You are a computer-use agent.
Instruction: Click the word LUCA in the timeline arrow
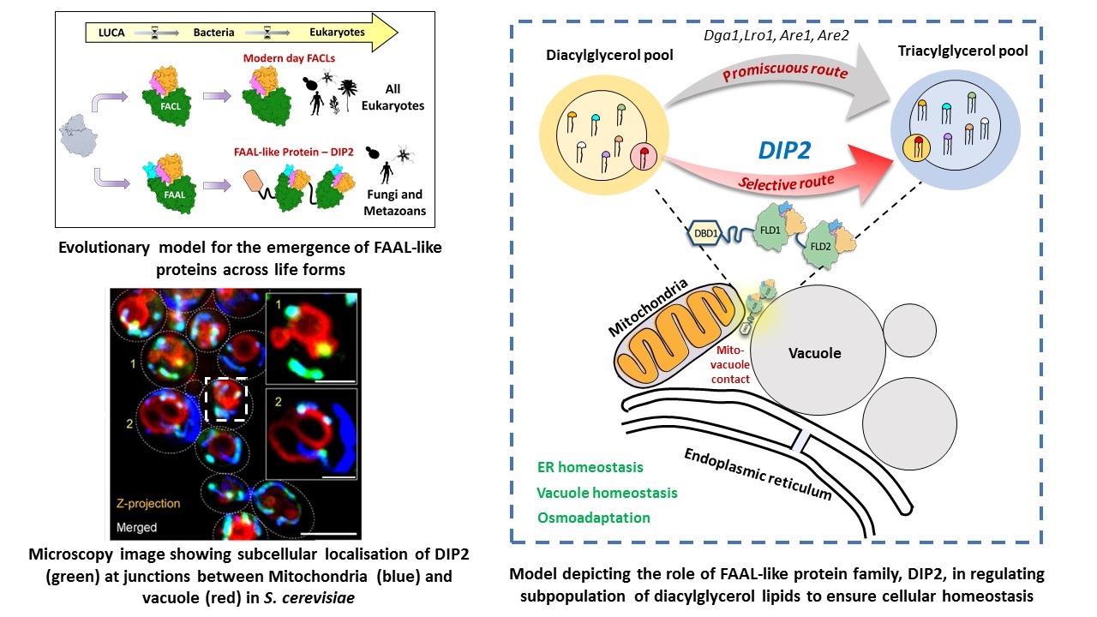pyautogui.click(x=111, y=33)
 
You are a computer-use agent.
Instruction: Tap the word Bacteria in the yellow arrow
pyautogui.click(x=213, y=33)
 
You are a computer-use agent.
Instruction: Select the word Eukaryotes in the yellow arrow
pyautogui.click(x=337, y=33)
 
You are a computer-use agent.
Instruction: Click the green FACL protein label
pyautogui.click(x=171, y=106)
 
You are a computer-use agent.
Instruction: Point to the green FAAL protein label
pyautogui.click(x=174, y=195)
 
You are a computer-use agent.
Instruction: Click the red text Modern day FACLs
pyautogui.click(x=289, y=58)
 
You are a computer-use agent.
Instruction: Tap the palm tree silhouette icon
pyautogui.click(x=348, y=94)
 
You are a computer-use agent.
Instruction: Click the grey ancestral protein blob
pyautogui.click(x=78, y=135)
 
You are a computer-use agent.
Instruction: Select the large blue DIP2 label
pyautogui.click(x=784, y=150)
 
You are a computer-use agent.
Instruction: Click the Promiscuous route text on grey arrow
pyautogui.click(x=785, y=71)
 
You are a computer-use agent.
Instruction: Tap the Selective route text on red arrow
pyautogui.click(x=786, y=183)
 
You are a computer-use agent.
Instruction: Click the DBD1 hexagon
pyautogui.click(x=705, y=234)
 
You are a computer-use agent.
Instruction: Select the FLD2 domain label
pyautogui.click(x=820, y=246)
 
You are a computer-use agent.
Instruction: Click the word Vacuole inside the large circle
pyautogui.click(x=814, y=353)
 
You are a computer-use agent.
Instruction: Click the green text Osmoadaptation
pyautogui.click(x=594, y=518)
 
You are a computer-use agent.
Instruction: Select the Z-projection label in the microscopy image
pyautogui.click(x=148, y=503)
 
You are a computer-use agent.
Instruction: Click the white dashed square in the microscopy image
pyautogui.click(x=225, y=399)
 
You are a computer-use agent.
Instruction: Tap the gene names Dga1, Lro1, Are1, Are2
pyautogui.click(x=776, y=35)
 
